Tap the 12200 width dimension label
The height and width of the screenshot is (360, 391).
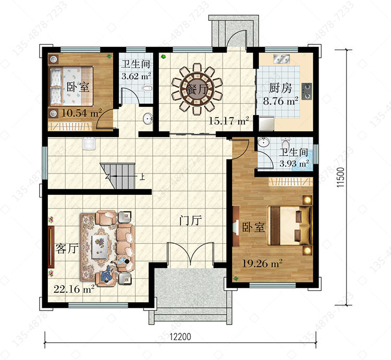[180, 337]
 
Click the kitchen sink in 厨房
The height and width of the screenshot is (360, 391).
[281, 59]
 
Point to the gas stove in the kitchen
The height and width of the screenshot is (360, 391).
[307, 91]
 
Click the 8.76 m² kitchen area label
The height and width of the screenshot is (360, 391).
[280, 102]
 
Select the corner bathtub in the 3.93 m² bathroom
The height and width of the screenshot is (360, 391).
[303, 162]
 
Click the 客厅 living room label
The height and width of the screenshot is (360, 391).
[67, 249]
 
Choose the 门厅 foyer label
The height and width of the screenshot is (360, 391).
[190, 220]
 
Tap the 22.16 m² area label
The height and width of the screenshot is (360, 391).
[74, 289]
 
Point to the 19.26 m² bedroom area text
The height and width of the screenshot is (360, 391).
[262, 263]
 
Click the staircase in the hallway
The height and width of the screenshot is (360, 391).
[117, 176]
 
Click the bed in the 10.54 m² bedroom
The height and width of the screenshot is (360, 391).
[71, 86]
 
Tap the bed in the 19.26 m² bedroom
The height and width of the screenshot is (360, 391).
[290, 225]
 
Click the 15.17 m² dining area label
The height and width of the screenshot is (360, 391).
[229, 121]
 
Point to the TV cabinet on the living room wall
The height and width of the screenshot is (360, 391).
[51, 247]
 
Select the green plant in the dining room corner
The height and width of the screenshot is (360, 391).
[164, 57]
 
